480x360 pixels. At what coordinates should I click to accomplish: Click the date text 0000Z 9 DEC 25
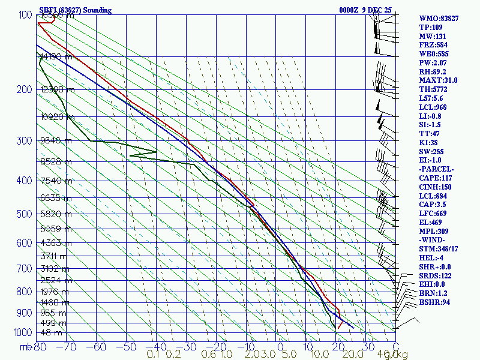[x=365, y=10]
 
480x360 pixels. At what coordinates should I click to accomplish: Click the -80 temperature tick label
[x=40, y=347]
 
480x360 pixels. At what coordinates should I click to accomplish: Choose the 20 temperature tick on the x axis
[x=337, y=347]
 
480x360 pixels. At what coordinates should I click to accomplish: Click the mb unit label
[x=25, y=347]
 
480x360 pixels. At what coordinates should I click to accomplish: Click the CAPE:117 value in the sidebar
[x=436, y=178]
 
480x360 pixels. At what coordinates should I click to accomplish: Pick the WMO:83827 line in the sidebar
[x=439, y=19]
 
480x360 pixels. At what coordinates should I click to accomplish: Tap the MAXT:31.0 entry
[x=438, y=80]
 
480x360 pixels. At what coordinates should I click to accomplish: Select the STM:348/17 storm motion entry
[x=439, y=249]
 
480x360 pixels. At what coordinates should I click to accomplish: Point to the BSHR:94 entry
[x=435, y=302]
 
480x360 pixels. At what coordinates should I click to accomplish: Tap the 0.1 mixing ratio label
[x=153, y=355]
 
